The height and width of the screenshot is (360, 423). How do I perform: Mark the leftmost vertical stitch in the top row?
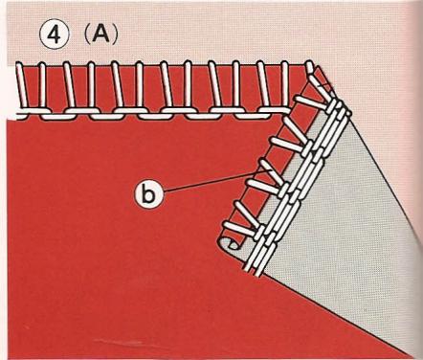tap(21, 85)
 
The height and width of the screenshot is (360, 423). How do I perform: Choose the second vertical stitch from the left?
tap(42, 85)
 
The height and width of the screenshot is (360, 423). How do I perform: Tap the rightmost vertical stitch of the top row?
tap(286, 85)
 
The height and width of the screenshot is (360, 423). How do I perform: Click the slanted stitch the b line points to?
tap(271, 174)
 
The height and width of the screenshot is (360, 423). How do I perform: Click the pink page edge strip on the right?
tap(417, 180)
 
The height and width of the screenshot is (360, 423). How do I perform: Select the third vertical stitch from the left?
tap(67, 85)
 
